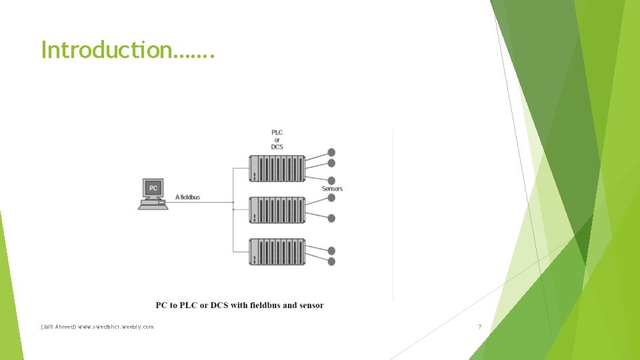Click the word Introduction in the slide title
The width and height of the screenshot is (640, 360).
point(105,49)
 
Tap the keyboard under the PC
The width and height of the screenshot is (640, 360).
point(153,205)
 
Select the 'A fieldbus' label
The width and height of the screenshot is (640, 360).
point(187,197)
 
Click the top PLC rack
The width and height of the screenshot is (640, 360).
point(277,168)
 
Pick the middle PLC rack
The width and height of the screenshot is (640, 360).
point(277,209)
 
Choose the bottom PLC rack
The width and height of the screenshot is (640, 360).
point(277,251)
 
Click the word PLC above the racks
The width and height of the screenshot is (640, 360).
point(277,132)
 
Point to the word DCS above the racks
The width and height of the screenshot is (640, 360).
point(277,147)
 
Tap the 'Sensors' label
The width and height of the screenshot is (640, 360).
point(332,189)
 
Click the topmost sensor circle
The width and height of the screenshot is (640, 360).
point(331,153)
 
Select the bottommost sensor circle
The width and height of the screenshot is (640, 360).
point(331,261)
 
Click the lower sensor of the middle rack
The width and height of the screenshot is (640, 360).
point(331,218)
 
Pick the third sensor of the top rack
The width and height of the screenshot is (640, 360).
point(331,180)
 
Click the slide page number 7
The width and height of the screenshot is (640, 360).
point(480,327)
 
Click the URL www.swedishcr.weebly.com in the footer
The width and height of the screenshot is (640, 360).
point(115,327)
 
